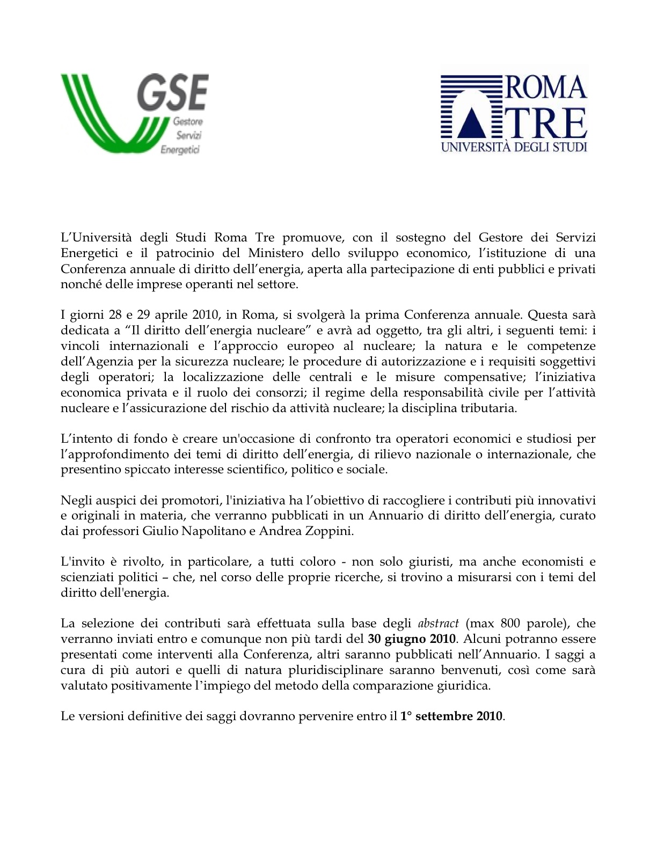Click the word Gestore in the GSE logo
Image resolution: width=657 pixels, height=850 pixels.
tap(187, 122)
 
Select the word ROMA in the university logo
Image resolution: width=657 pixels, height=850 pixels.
tap(545, 88)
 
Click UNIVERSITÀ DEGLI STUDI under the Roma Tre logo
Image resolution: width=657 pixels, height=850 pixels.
tap(514, 146)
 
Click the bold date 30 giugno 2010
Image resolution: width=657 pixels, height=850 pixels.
tap(412, 639)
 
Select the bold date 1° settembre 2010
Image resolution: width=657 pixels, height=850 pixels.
tap(452, 716)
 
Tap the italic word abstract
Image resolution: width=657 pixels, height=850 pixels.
tap(438, 624)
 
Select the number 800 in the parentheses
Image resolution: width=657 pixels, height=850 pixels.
tap(510, 624)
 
